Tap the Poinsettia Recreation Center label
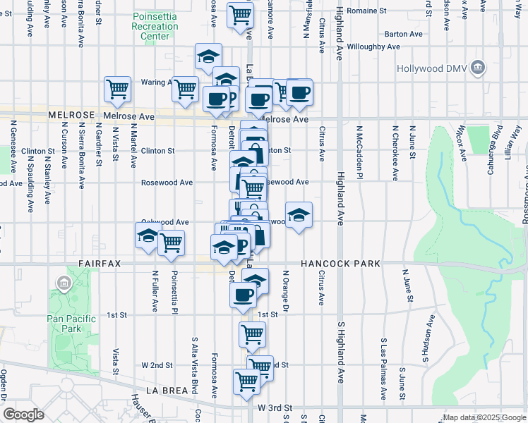click(155, 26)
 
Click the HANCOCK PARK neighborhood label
click(340, 264)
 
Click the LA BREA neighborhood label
click(168, 390)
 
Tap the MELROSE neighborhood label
click(71, 114)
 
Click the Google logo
click(23, 415)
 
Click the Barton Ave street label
click(404, 34)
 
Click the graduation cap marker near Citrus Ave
click(299, 214)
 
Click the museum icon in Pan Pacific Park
click(64, 284)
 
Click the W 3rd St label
click(275, 408)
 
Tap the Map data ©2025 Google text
click(484, 417)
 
